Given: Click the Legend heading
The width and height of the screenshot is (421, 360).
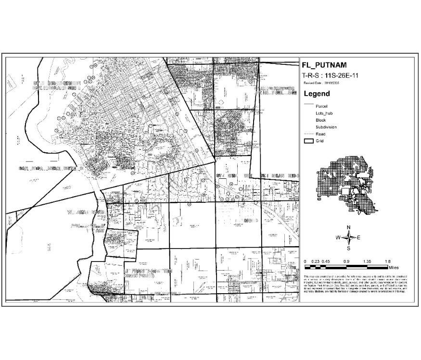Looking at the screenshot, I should pos(317,94).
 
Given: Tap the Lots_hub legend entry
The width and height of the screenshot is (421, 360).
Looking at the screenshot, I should pos(324,113).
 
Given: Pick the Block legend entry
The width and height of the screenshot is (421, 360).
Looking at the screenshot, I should pos(320,120).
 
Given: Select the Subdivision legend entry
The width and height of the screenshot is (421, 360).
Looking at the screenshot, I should pos(326,127).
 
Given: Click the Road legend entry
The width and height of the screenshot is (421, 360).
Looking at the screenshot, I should pos(320,134).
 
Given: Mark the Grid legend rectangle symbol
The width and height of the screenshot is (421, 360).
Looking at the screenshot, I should pos(308,141).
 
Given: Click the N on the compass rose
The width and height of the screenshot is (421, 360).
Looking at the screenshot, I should pos(349,227).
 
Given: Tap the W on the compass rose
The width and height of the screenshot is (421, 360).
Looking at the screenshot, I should pos(338,237).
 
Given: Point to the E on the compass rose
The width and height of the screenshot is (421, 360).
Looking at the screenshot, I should pos(359,237).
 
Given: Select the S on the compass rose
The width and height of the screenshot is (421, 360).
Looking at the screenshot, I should pos(349,248).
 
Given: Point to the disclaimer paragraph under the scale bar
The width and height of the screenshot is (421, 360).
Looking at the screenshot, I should pos(356,284).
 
